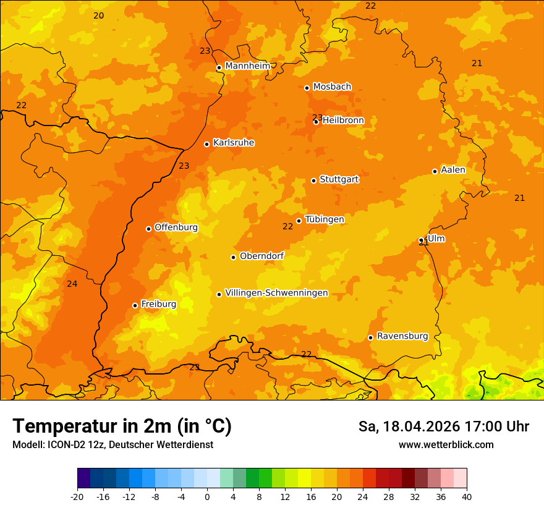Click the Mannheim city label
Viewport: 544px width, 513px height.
coord(247,66)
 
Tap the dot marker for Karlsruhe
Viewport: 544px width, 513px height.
coord(206,144)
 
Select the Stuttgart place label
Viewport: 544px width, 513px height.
coord(339,180)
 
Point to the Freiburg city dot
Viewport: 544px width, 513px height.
coord(135,305)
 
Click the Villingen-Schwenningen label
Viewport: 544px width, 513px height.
coord(276,293)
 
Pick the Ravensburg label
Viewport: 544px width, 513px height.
coord(402,336)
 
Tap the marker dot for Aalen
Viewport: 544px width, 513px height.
coord(435,171)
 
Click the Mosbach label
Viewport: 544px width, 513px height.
coord(332,87)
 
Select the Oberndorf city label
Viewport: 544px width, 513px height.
coord(261,256)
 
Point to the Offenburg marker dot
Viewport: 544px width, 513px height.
coord(148,229)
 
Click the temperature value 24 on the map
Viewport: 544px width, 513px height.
coord(72,284)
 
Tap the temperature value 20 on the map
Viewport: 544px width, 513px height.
coord(98,15)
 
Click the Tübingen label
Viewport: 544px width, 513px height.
coord(325,219)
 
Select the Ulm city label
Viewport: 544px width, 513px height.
coord(436,239)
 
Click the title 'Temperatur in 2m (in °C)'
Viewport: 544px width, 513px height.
coord(122,426)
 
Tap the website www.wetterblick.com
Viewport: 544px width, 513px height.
coord(446,444)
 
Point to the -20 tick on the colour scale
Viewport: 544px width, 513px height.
coord(77,496)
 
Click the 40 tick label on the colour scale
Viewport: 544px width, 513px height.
coord(467,496)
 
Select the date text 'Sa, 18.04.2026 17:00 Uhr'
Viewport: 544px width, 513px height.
coord(443,426)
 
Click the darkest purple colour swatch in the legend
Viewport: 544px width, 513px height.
coord(83,478)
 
